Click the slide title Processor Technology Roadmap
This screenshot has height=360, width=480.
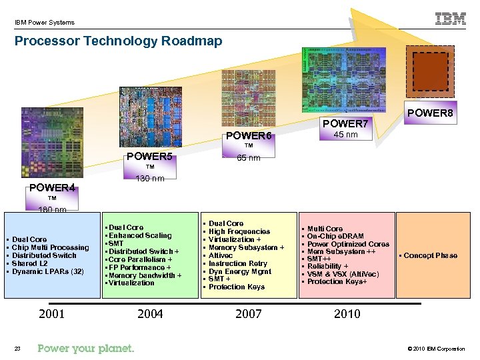point(118,41)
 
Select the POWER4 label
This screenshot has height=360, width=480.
point(51,188)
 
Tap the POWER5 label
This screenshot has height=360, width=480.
point(150,157)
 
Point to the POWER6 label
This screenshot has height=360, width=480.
point(249,136)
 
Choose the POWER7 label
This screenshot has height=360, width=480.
point(345,124)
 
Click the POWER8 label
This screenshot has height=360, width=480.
point(431,113)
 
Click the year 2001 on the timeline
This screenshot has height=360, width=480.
point(53,313)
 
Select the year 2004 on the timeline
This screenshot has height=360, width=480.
point(150,313)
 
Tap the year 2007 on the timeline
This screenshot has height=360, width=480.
point(249,313)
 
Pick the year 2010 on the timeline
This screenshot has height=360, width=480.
point(347,313)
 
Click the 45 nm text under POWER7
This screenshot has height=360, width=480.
point(345,135)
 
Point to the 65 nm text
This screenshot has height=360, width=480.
point(249,158)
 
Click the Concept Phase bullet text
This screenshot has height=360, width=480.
point(430,255)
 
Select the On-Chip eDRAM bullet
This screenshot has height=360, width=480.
point(335,237)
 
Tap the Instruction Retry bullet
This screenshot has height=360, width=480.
point(238,263)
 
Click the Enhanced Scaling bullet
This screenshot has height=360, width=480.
point(140,235)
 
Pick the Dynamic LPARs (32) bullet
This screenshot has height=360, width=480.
point(48,271)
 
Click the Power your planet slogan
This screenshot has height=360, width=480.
point(86,349)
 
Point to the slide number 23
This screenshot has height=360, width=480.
point(18,349)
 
